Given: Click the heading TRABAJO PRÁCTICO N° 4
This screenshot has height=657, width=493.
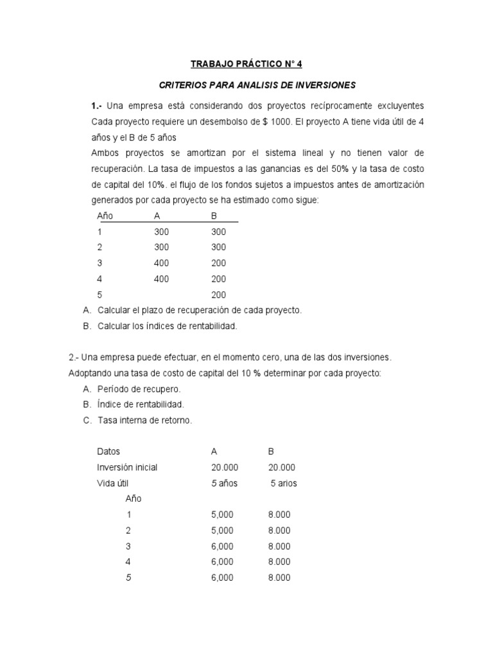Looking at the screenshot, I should coord(246,64).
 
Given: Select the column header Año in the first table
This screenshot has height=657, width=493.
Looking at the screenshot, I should coord(105,216).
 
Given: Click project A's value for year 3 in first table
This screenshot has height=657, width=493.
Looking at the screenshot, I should coord(162,263).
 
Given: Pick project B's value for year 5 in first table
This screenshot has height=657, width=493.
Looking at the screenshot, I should coord(218,294).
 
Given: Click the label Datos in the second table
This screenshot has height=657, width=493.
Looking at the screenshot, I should coord(108,452).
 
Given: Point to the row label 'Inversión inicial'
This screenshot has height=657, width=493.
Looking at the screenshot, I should coord(127,467).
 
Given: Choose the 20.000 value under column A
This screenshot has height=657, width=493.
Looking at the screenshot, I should coord(224,467).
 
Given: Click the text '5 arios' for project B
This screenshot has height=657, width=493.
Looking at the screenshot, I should coord(283,483).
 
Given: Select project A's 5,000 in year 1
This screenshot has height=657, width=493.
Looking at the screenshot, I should coord(222,515).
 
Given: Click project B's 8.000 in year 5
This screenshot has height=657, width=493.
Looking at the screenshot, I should coord(279,577).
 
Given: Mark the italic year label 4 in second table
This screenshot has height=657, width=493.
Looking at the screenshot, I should coord(129,561).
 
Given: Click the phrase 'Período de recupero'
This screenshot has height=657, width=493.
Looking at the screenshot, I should coord(139,389).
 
